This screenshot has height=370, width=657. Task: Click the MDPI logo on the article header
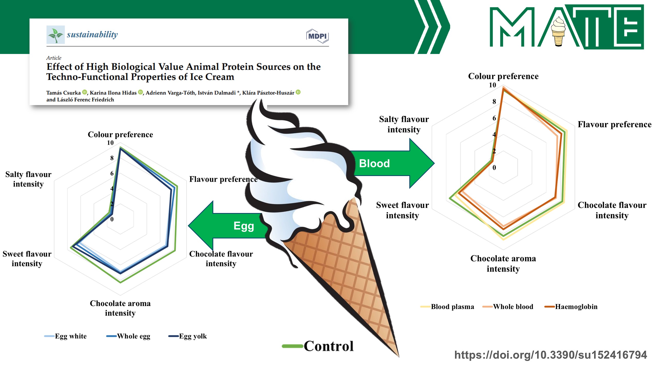[317, 36]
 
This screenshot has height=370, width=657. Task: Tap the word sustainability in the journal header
[92, 34]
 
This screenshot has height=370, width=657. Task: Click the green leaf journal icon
[55, 35]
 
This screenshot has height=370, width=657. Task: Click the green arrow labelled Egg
[227, 226]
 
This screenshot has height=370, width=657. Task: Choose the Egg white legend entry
[65, 336]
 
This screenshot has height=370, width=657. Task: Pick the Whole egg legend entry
[128, 336]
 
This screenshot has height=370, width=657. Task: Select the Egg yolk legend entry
[188, 336]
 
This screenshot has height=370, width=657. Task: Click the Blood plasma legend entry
[447, 307]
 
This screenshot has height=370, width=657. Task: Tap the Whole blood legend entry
[508, 307]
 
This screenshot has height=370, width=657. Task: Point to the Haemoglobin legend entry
[571, 307]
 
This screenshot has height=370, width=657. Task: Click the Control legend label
[318, 346]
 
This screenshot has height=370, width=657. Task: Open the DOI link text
[551, 355]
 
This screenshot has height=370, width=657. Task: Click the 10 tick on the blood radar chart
[492, 85]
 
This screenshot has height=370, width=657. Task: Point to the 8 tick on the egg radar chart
[112, 158]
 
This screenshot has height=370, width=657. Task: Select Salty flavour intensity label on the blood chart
[404, 124]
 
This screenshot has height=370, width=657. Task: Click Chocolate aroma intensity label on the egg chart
[120, 308]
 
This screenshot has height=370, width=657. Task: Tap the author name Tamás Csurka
[63, 92]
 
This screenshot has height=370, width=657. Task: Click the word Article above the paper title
[54, 58]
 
